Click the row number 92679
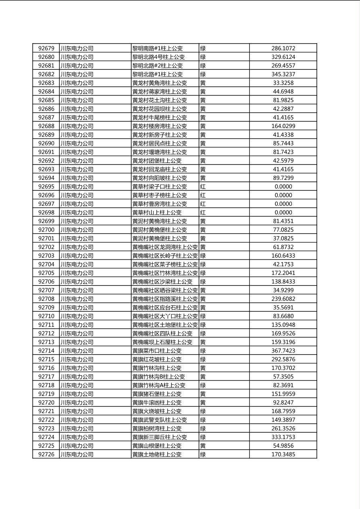click(46, 48)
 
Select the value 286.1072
click(283, 48)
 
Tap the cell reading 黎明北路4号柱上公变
click(158, 57)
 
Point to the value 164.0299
click(283, 126)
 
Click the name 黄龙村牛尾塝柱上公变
click(159, 118)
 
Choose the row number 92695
click(46, 187)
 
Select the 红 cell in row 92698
click(203, 213)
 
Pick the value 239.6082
click(283, 299)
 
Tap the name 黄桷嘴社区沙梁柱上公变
click(162, 282)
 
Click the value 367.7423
click(283, 351)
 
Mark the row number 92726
click(46, 455)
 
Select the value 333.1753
click(283, 437)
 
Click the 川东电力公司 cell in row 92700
click(77, 230)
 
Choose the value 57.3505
click(283, 377)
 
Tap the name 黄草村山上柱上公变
click(157, 213)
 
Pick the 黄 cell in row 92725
click(203, 446)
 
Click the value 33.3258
click(283, 83)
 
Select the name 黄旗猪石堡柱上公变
click(157, 394)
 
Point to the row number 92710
click(46, 316)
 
